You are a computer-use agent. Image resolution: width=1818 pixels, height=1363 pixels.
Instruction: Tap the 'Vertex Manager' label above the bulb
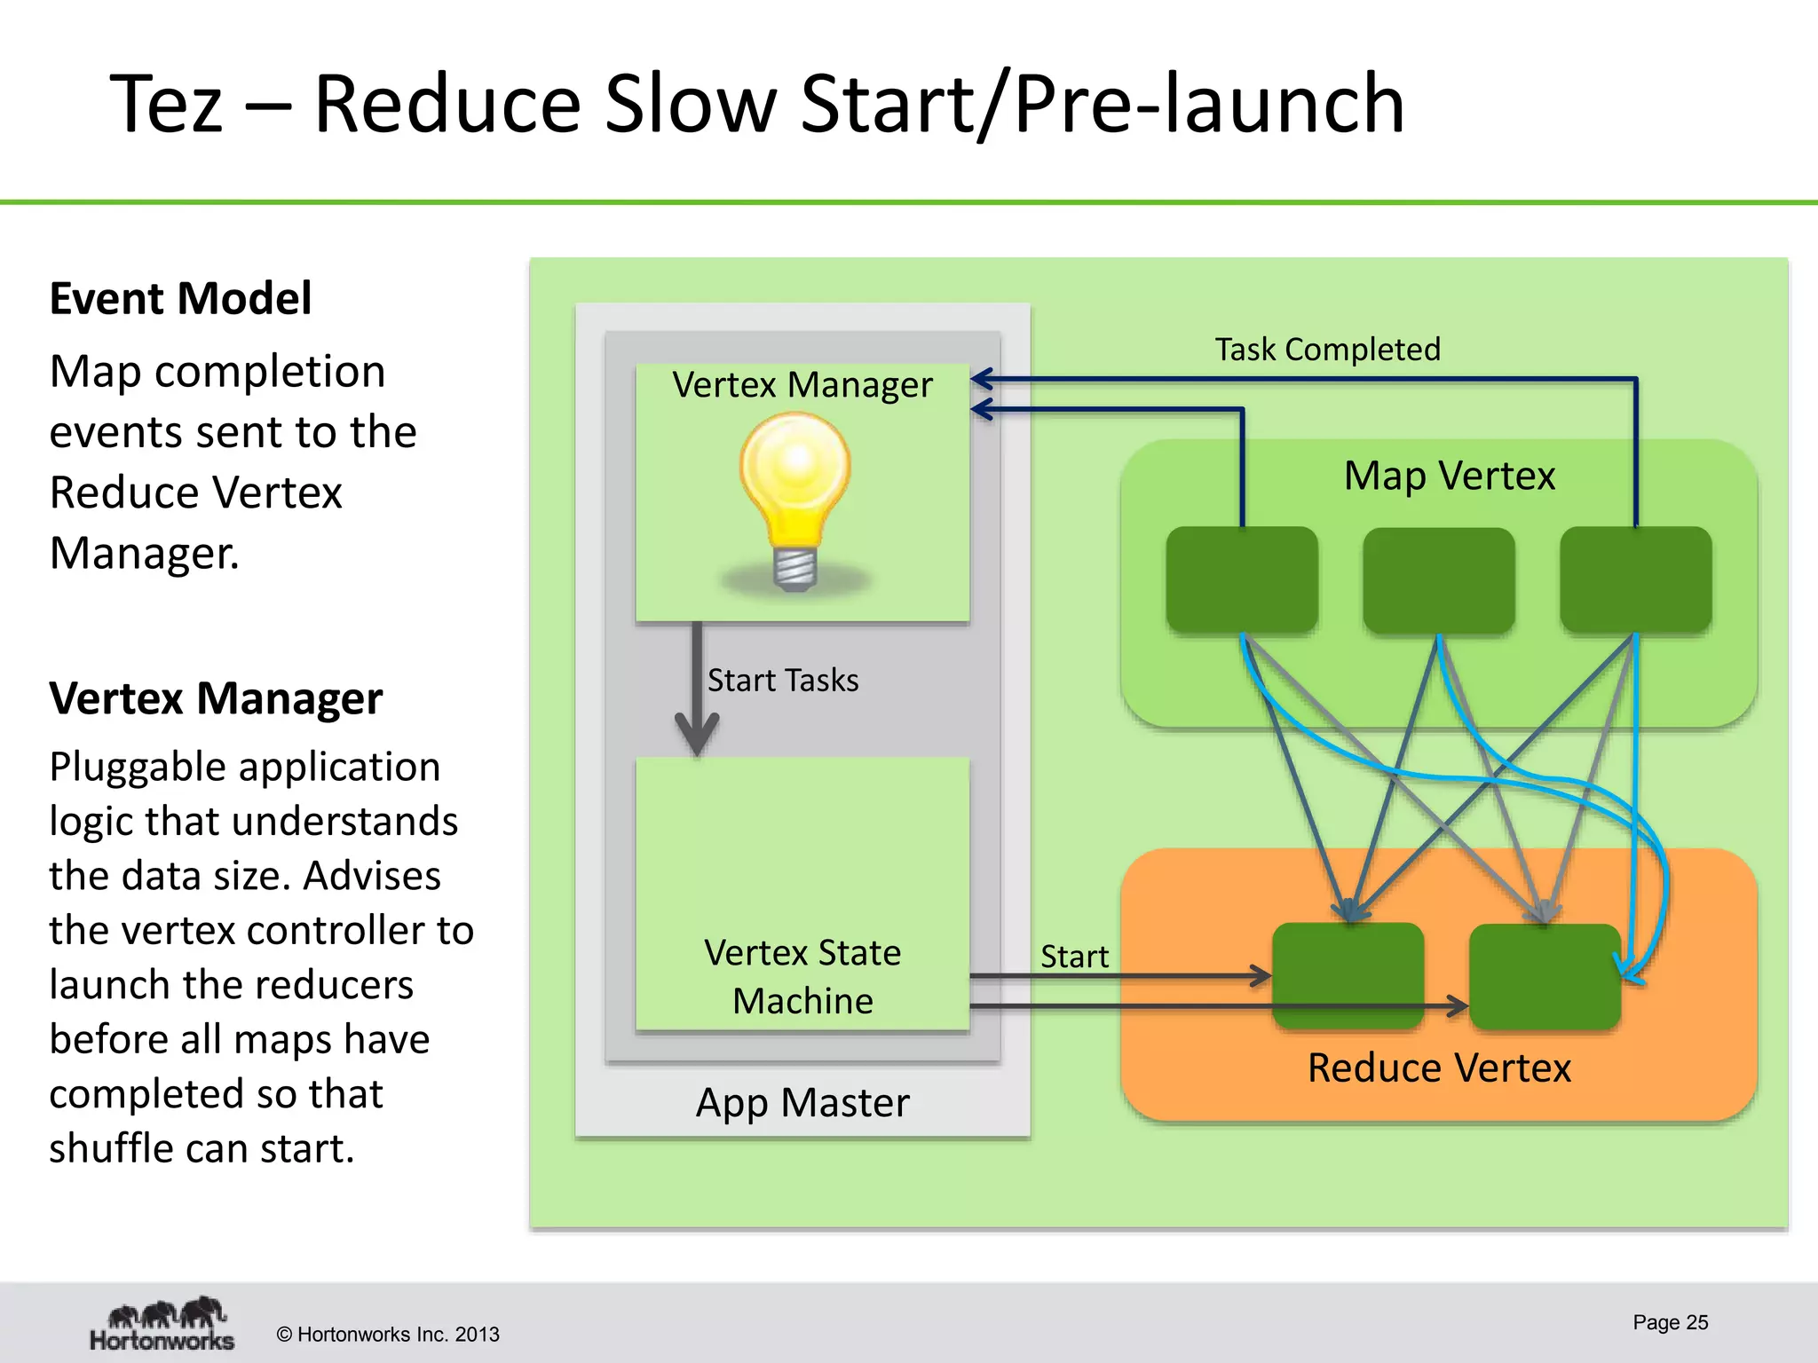click(x=802, y=385)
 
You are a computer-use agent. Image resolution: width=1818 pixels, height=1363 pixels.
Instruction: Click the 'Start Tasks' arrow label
click(x=783, y=681)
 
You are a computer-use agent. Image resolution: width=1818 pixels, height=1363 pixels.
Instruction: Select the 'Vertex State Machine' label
click(x=802, y=976)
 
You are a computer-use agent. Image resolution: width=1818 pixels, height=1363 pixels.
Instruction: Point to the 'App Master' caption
click(x=802, y=1103)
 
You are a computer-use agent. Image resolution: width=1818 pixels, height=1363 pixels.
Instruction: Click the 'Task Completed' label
click(x=1327, y=350)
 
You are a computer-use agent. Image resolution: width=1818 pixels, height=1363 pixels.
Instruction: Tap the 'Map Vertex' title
click(x=1449, y=476)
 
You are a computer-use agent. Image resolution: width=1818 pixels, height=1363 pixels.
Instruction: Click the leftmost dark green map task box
click(x=1242, y=580)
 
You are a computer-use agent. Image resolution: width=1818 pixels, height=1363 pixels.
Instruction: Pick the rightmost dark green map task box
click(x=1636, y=580)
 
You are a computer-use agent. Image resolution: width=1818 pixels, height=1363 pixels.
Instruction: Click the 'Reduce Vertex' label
click(x=1439, y=1068)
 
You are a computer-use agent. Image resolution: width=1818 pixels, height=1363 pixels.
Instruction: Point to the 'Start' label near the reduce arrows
click(x=1074, y=957)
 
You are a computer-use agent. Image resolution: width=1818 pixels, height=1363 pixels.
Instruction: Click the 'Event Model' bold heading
click(x=180, y=298)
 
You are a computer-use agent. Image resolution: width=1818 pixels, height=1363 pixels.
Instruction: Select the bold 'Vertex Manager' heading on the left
click(x=216, y=698)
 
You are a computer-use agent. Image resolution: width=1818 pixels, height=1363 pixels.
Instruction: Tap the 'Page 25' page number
click(x=1670, y=1322)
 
